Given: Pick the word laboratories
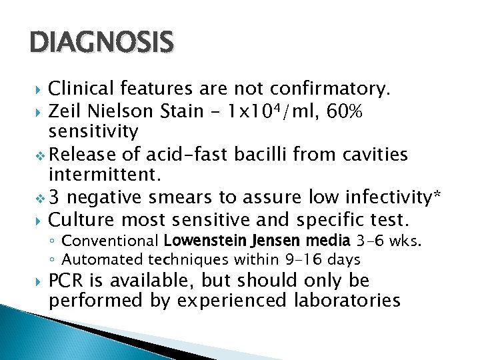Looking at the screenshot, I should click(x=347, y=301).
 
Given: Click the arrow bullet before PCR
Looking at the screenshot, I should click(x=39, y=281).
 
